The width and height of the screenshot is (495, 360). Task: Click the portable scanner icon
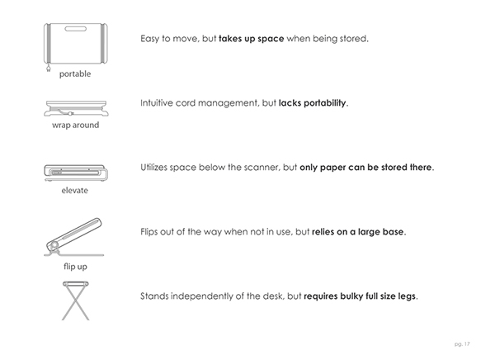(75, 43)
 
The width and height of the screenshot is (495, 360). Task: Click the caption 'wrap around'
(75, 126)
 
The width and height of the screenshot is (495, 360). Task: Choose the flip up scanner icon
(73, 236)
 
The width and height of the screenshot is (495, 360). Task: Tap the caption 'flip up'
(75, 267)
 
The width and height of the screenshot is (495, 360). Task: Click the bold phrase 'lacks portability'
(313, 103)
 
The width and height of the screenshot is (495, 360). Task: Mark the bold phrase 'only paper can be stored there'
(365, 168)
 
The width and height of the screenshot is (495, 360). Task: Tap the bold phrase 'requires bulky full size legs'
(361, 296)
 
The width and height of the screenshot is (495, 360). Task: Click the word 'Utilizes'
(158, 168)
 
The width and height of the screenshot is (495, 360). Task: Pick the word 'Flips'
(152, 232)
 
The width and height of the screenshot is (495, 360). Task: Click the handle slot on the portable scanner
(75, 31)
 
